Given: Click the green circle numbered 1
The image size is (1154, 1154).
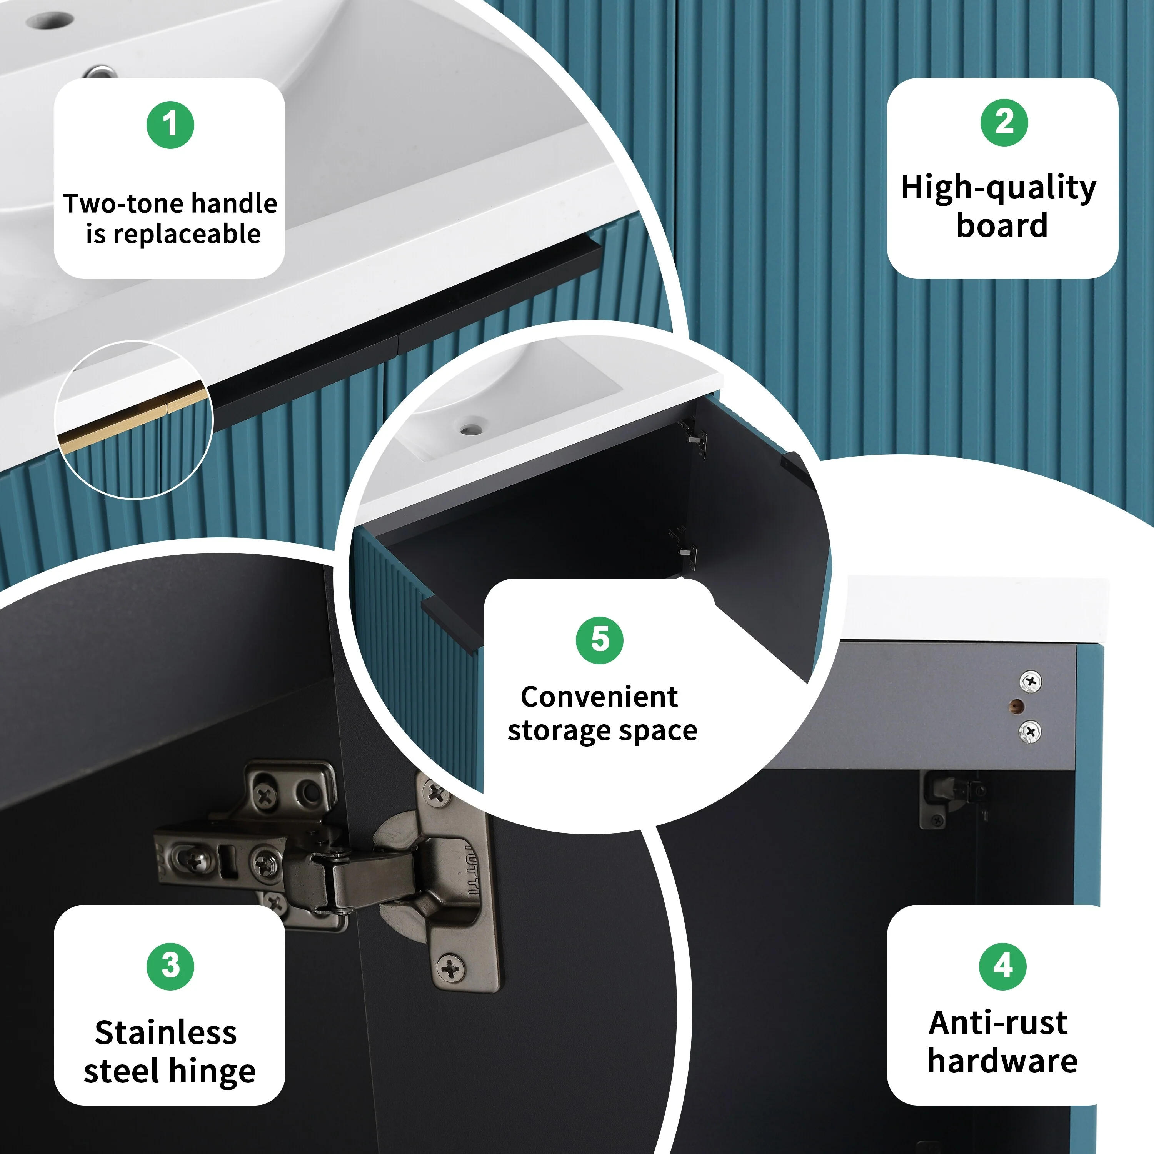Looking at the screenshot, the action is coord(170,125).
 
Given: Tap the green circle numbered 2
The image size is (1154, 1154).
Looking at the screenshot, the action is coord(1004,122).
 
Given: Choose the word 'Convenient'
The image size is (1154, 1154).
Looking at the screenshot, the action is coord(599,697).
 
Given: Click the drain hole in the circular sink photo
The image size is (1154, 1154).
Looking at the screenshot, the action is coord(471,429).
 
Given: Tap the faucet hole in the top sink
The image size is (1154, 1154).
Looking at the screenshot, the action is coord(50,21).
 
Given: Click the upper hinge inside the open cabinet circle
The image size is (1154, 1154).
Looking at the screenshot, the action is coord(693,436).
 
